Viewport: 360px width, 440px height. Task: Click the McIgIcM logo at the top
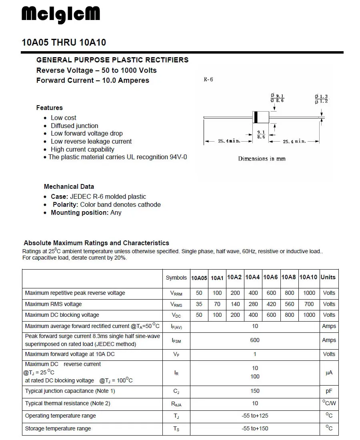(61, 15)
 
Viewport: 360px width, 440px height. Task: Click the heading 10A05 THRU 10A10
(64, 42)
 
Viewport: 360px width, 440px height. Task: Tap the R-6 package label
(208, 79)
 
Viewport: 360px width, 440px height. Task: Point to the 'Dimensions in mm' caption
(262, 159)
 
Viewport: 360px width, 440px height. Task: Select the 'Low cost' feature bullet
(63, 118)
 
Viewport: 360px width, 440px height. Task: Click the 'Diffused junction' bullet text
(74, 126)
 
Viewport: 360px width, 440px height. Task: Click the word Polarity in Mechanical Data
(66, 204)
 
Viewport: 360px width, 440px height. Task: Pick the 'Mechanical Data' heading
(69, 186)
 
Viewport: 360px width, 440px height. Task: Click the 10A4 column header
(252, 277)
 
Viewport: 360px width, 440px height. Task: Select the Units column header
(328, 277)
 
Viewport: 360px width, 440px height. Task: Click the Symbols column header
(176, 278)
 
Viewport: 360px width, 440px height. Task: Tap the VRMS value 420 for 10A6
(271, 304)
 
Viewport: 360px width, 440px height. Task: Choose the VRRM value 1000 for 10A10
(309, 293)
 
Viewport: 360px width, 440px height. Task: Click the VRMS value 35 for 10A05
(199, 304)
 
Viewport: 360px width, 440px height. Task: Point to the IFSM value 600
(255, 340)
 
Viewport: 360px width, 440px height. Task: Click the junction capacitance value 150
(255, 391)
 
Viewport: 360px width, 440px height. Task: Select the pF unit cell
(329, 391)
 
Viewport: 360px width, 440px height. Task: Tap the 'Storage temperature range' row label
(58, 428)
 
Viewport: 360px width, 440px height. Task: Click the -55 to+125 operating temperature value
(255, 416)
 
